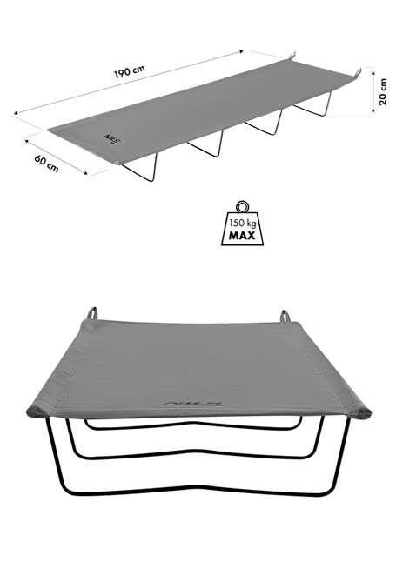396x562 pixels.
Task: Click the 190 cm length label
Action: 130,71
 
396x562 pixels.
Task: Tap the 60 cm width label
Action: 47,163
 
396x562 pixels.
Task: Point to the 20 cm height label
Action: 383,91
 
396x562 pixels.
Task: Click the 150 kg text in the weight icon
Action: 243,224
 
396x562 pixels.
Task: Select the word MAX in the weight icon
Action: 243,236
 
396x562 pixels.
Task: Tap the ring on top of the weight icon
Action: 243,207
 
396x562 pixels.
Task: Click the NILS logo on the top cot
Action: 112,139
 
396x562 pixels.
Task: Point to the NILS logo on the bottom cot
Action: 195,404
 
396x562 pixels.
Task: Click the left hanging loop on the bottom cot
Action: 93,313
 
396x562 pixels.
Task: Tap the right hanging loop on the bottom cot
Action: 285,316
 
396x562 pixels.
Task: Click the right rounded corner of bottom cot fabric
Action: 361,412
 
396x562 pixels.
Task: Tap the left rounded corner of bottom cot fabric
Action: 36,411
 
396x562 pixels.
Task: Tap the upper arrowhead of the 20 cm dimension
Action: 373,73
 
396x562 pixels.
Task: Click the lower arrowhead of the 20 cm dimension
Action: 373,110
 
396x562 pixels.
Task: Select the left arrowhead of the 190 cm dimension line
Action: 16,113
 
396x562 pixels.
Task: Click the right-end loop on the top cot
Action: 358,73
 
